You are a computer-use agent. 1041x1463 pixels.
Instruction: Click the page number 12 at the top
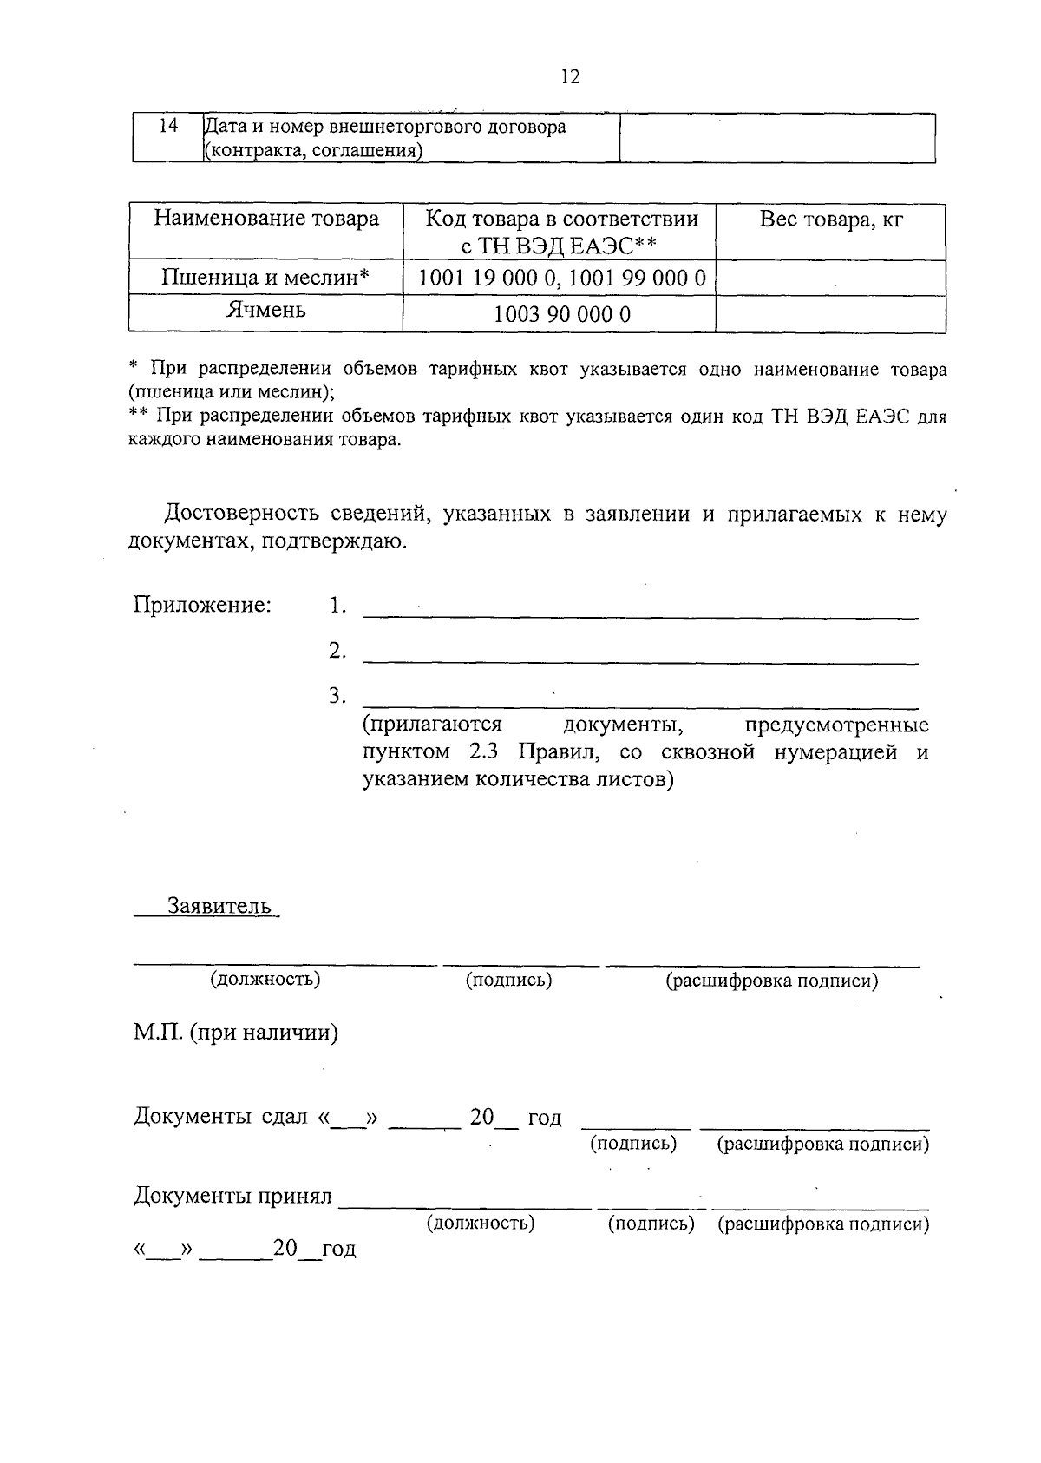coord(570,77)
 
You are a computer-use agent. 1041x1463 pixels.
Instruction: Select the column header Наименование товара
coord(266,219)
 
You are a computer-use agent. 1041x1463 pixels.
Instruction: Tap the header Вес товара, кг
coord(830,220)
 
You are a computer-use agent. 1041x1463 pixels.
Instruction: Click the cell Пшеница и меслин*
coord(266,278)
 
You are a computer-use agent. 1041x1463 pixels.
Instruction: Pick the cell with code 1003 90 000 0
coord(561,314)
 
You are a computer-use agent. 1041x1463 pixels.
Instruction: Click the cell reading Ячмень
coord(266,310)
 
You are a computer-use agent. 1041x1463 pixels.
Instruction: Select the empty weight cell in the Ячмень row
coord(830,313)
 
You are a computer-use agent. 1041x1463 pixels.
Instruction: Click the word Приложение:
coord(202,605)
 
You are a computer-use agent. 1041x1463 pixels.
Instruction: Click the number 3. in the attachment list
coord(337,696)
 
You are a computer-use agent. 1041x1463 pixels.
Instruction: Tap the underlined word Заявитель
coord(219,907)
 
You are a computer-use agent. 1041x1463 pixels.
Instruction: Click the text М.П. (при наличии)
coord(235,1033)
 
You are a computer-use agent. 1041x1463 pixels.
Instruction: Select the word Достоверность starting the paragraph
coord(240,514)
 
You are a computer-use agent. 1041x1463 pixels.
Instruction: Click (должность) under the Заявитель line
coord(265,980)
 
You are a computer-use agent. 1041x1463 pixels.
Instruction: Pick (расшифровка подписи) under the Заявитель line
coord(771,981)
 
